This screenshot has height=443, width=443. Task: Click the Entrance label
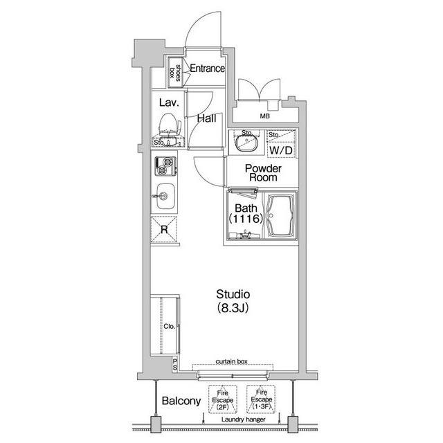(208, 68)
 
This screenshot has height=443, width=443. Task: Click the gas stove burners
(165, 166)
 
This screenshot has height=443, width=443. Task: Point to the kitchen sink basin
(165, 196)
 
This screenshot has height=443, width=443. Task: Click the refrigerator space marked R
(164, 229)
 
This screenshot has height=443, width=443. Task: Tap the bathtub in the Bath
(280, 215)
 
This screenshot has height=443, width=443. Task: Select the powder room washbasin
(246, 143)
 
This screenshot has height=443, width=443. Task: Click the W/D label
(280, 150)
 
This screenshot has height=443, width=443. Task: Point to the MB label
(264, 116)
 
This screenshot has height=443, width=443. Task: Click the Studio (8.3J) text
(233, 301)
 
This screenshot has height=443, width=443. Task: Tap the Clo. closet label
(169, 326)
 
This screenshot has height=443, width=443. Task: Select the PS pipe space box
(175, 365)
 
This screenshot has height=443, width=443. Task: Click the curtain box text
(231, 361)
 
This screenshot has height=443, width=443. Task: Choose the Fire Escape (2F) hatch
(223, 399)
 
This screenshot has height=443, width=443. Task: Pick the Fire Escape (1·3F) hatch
(261, 399)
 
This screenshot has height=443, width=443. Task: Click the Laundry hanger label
(243, 419)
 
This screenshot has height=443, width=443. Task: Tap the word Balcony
(181, 401)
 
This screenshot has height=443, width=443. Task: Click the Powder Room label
(263, 173)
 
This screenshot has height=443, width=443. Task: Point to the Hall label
(207, 118)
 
